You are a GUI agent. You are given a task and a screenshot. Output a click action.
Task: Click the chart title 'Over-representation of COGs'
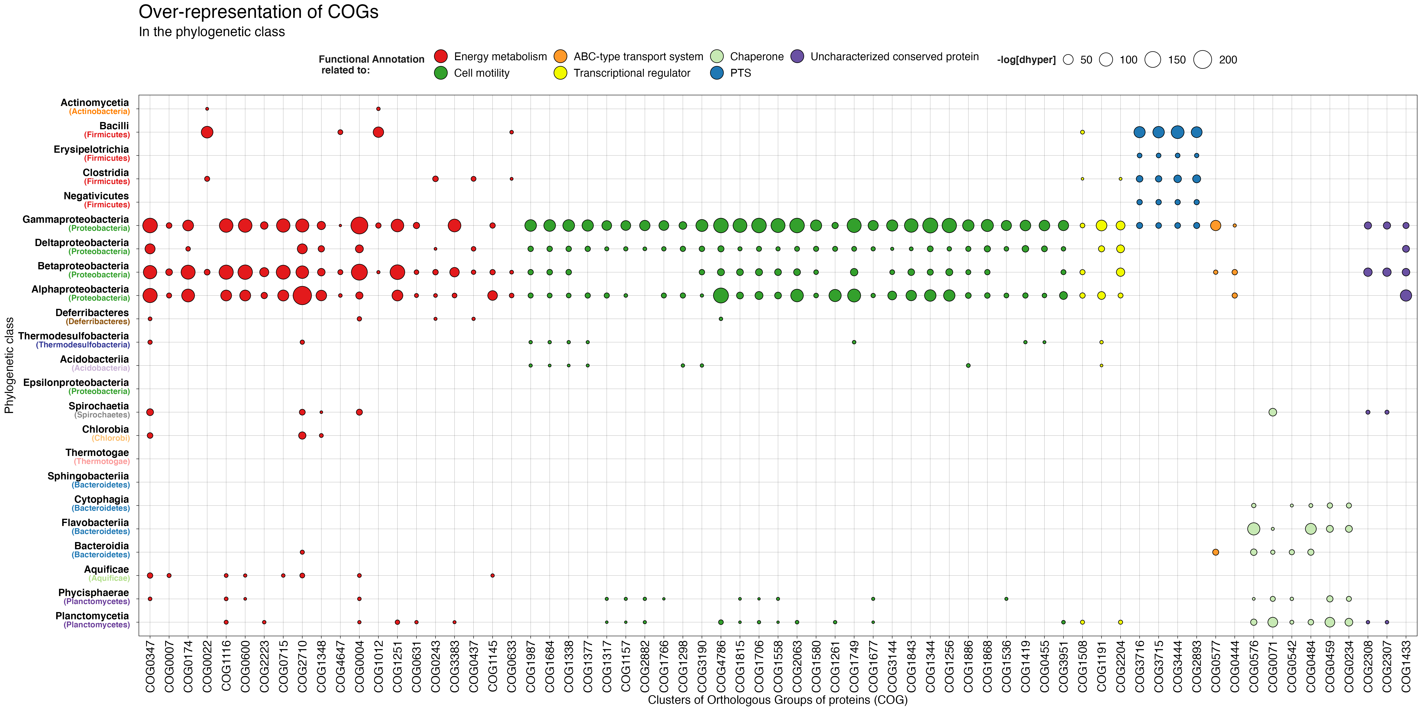[258, 12]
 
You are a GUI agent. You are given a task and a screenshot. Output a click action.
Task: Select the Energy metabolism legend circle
[440, 56]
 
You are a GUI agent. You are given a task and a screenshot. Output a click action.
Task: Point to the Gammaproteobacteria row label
[76, 220]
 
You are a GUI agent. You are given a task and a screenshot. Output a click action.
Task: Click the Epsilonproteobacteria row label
[76, 382]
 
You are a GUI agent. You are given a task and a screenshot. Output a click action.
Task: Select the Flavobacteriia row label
[95, 523]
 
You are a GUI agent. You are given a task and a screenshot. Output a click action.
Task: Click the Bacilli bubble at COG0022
[207, 132]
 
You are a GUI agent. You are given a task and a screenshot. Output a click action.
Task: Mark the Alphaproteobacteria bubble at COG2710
[302, 295]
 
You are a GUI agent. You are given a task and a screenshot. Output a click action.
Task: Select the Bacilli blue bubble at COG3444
[1177, 132]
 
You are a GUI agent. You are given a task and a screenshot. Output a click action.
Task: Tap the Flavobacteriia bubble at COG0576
[1254, 529]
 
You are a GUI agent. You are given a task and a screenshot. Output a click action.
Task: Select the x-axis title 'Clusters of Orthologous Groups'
[777, 700]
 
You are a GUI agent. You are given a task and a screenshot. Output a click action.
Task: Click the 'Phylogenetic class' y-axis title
[9, 365]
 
